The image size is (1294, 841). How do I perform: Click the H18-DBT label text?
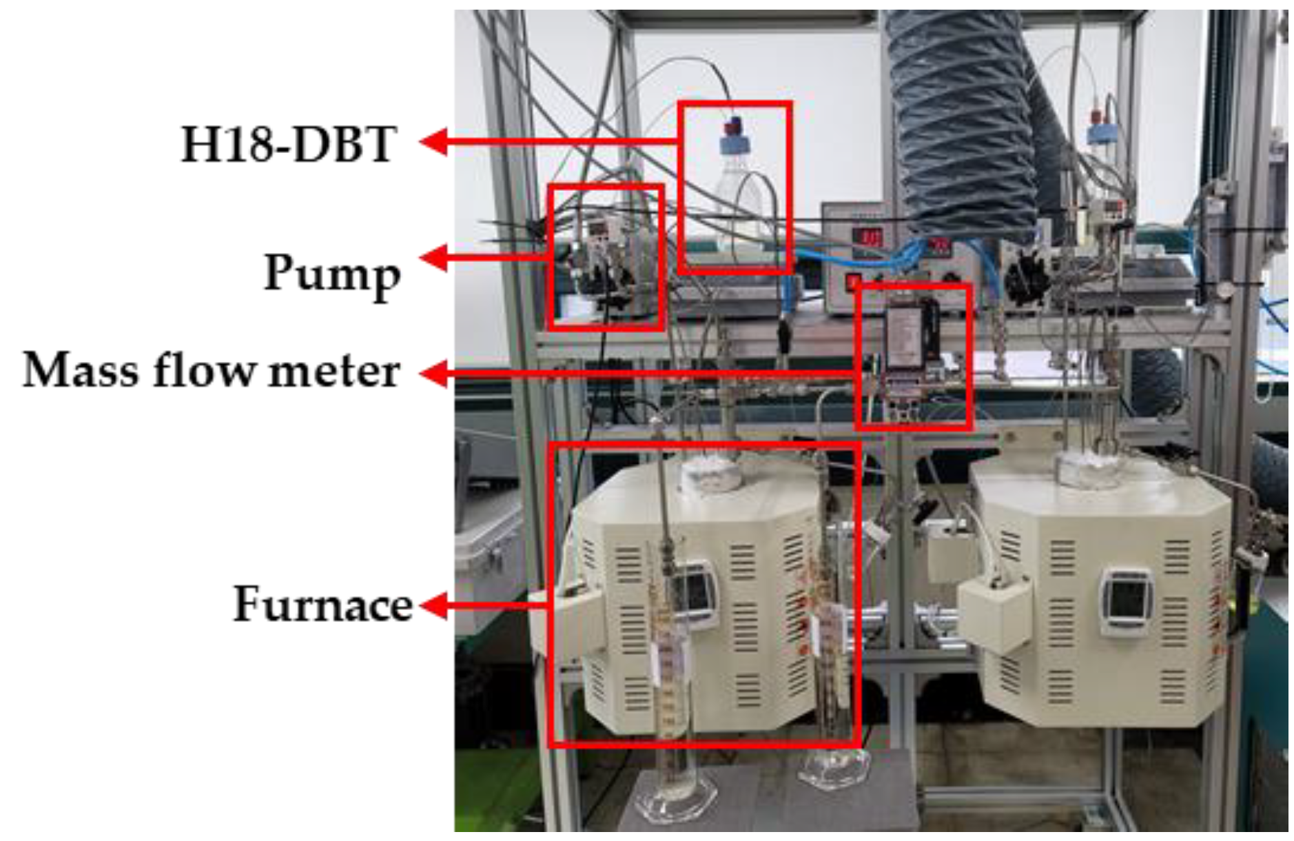pyautogui.click(x=288, y=144)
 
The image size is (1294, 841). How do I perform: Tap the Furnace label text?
pyautogui.click(x=322, y=605)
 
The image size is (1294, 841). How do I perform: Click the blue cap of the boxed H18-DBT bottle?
pyautogui.click(x=732, y=143)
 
